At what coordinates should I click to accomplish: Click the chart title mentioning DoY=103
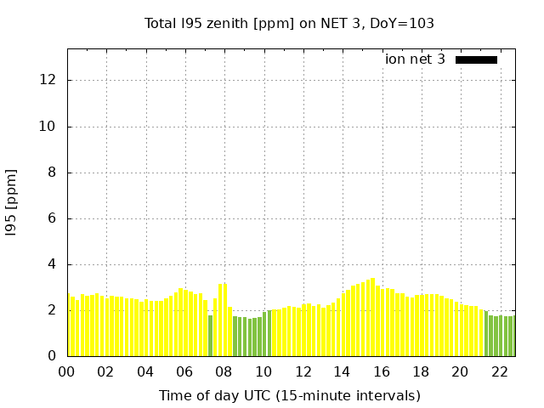pyautogui.click(x=289, y=24)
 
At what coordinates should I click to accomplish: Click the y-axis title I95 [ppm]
pyautogui.click(x=12, y=201)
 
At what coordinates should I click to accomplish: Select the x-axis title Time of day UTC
pyautogui.click(x=289, y=395)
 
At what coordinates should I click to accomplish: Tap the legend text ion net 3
pyautogui.click(x=415, y=59)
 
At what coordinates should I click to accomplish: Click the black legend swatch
pyautogui.click(x=476, y=59)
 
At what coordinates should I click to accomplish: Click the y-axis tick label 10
pyautogui.click(x=48, y=127)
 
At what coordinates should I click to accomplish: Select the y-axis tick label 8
pyautogui.click(x=52, y=173)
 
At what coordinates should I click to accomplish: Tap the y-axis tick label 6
pyautogui.click(x=52, y=218)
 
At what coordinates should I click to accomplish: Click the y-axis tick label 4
pyautogui.click(x=52, y=264)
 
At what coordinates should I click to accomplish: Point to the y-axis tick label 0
pyautogui.click(x=52, y=356)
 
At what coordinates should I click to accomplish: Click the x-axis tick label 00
pyautogui.click(x=67, y=372)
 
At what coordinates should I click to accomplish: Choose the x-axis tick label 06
pyautogui.click(x=184, y=372)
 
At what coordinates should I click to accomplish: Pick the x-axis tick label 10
pyautogui.click(x=263, y=372)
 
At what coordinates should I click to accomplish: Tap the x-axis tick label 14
pyautogui.click(x=342, y=372)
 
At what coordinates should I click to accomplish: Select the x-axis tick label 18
pyautogui.click(x=421, y=372)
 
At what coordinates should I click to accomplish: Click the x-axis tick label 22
pyautogui.click(x=499, y=372)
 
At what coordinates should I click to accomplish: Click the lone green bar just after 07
pyautogui.click(x=210, y=336)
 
